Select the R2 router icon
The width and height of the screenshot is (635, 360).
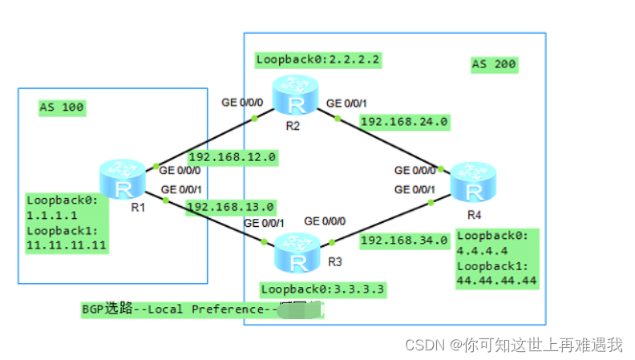[293, 96]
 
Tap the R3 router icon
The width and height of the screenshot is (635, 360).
[297, 254]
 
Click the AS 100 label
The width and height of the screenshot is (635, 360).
[62, 107]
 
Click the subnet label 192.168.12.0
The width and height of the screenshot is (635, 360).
[233, 157]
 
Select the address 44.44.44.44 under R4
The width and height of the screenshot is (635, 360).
[496, 281]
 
